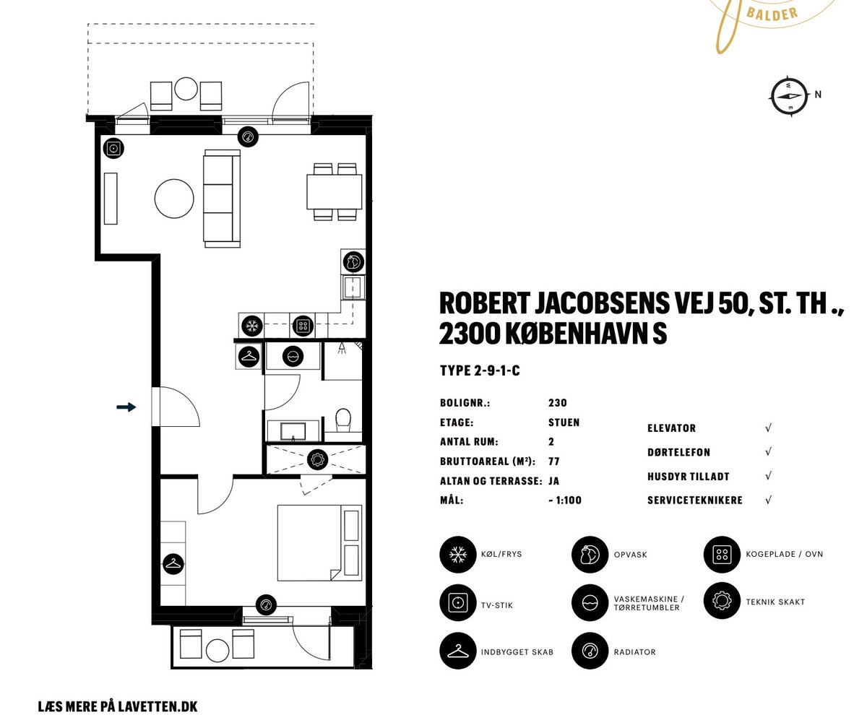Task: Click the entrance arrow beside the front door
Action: (126, 407)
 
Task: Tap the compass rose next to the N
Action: (790, 96)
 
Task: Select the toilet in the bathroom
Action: (343, 419)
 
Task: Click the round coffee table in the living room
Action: (174, 199)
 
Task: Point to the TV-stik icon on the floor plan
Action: (113, 148)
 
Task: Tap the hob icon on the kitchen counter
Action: (303, 326)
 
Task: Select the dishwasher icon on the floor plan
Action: (353, 262)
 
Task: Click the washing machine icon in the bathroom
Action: (293, 356)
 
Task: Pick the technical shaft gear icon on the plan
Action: (318, 459)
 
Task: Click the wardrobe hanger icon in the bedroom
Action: (173, 564)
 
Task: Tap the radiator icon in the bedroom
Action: (266, 605)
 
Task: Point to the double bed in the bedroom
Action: (319, 542)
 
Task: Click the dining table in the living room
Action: (335, 191)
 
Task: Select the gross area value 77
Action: (554, 461)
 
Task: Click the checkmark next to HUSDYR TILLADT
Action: (768, 475)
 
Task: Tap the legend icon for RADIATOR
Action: (590, 651)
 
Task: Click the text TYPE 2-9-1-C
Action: (480, 370)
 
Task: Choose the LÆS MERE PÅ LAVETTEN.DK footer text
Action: (118, 706)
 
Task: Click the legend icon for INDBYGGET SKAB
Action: (458, 651)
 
